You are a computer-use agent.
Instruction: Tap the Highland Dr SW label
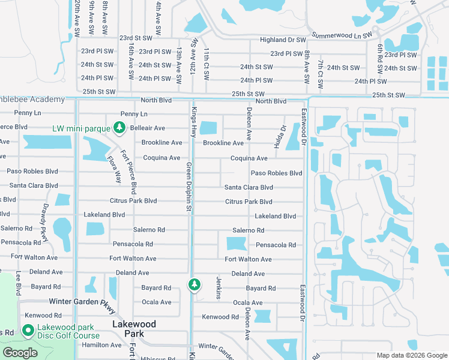(x=283, y=40)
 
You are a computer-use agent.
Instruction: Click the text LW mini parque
(x=81, y=128)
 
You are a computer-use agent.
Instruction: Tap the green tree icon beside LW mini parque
(x=119, y=128)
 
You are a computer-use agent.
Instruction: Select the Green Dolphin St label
(x=188, y=187)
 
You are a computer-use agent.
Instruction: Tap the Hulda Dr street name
(x=279, y=137)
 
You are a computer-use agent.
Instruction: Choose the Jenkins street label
(x=219, y=289)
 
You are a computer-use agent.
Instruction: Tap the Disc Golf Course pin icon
(x=27, y=331)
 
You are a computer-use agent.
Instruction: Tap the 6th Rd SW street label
(x=380, y=55)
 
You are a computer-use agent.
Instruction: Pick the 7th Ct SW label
(x=321, y=71)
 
